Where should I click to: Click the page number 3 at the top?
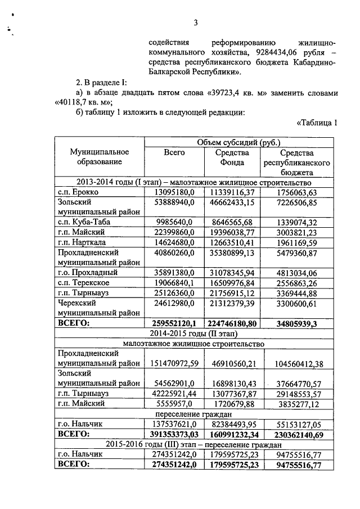(196, 23)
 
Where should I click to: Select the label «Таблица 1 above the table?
(316, 124)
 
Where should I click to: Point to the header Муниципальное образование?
(99, 157)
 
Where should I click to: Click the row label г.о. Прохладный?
(87, 272)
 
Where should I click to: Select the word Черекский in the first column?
(79, 302)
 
